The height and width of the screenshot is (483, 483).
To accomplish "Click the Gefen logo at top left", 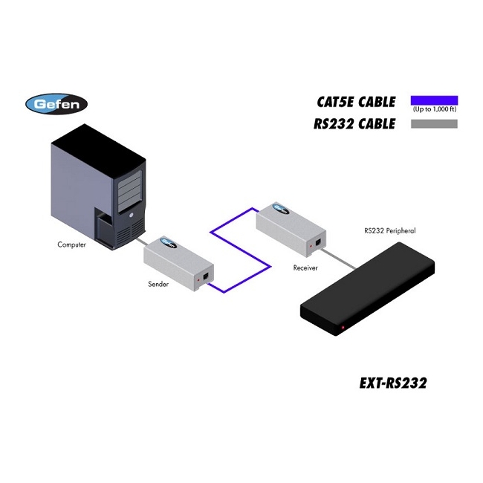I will [56, 103].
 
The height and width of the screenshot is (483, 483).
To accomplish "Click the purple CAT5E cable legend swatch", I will [435, 100].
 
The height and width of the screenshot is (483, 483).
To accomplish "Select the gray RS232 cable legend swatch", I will [435, 123].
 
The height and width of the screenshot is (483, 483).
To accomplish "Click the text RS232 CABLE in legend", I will [354, 124].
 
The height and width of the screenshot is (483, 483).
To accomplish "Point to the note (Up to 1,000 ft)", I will [435, 110].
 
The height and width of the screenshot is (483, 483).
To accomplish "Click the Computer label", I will [72, 244].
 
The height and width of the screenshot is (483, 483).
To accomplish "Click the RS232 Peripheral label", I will [389, 231].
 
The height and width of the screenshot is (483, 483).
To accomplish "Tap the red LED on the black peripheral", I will [343, 328].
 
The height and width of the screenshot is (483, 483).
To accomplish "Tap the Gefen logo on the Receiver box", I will [279, 207].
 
